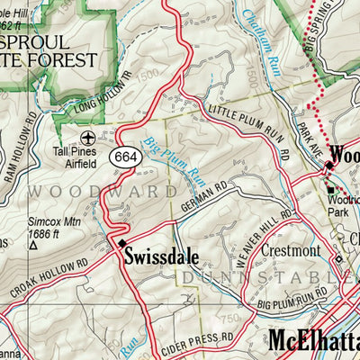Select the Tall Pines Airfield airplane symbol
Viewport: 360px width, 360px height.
click(x=87, y=137)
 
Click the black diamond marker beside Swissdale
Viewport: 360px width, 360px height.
click(x=122, y=243)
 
